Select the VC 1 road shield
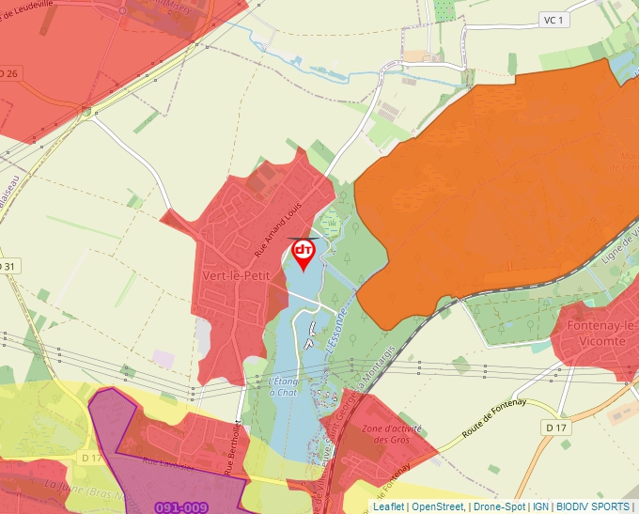(x=553, y=20)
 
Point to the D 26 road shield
(x=8, y=72)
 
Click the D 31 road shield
(x=8, y=267)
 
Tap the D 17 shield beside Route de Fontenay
(x=556, y=428)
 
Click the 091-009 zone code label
(x=180, y=507)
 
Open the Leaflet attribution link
(x=388, y=506)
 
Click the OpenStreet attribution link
(x=437, y=506)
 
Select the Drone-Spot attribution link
(x=499, y=506)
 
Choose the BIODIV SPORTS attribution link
(x=593, y=506)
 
